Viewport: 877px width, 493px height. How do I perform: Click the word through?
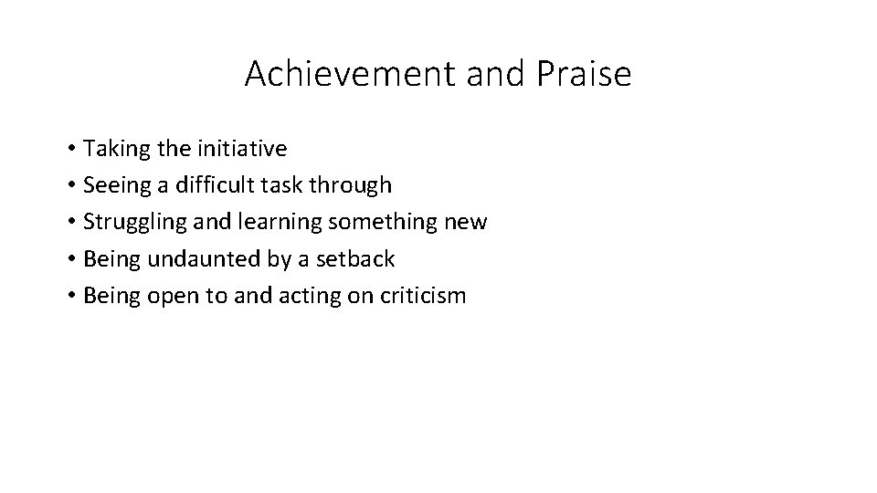click(x=351, y=185)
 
